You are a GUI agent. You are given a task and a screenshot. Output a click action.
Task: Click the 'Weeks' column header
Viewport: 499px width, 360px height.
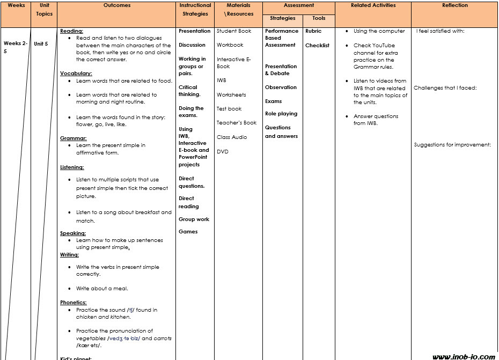pyautogui.click(x=16, y=5)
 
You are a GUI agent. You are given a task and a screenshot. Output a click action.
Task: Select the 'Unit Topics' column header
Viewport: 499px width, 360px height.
pyautogui.click(x=45, y=9)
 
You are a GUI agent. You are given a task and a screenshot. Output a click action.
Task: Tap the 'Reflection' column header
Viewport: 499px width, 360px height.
pyautogui.click(x=454, y=5)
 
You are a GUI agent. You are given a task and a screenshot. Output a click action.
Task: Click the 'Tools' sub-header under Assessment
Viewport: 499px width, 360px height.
pyautogui.click(x=317, y=18)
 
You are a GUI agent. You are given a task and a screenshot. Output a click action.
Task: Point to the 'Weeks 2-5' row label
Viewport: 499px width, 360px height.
pyautogui.click(x=14, y=47)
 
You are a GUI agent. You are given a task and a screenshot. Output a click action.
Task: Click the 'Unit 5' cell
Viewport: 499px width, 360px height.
pyautogui.click(x=41, y=44)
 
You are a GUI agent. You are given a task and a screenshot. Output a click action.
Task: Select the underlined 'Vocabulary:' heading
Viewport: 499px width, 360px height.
pyautogui.click(x=76, y=74)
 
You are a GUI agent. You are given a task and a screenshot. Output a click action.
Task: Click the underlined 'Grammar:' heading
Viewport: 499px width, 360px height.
pyautogui.click(x=74, y=138)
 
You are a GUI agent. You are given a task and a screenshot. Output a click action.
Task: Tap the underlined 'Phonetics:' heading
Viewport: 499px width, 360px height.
pyautogui.click(x=74, y=303)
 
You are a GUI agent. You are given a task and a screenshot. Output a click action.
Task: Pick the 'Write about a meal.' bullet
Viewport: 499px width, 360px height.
pyautogui.click(x=102, y=289)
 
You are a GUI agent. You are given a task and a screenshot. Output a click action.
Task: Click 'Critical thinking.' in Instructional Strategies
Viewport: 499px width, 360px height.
pyautogui.click(x=188, y=91)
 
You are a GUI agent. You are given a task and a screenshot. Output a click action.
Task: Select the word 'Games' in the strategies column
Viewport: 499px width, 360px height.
pyautogui.click(x=188, y=232)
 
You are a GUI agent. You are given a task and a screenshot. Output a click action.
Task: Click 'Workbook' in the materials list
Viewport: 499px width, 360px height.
pyautogui.click(x=230, y=45)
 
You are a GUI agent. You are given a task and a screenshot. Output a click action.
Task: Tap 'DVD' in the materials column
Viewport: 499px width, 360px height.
pyautogui.click(x=223, y=152)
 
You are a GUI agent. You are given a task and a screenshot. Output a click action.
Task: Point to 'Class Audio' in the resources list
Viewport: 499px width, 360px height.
pyautogui.click(x=232, y=137)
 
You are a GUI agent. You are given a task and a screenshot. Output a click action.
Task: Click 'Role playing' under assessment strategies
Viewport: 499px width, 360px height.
pyautogui.click(x=281, y=114)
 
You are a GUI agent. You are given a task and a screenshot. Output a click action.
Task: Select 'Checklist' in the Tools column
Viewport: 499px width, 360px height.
pyautogui.click(x=317, y=46)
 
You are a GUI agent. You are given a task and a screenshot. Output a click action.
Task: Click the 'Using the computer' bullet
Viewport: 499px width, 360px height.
pyautogui.click(x=379, y=31)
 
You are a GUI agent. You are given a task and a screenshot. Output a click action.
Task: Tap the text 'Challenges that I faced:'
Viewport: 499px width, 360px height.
pyautogui.click(x=445, y=88)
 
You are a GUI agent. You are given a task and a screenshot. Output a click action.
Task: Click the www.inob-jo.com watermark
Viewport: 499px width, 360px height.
pyautogui.click(x=463, y=356)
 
